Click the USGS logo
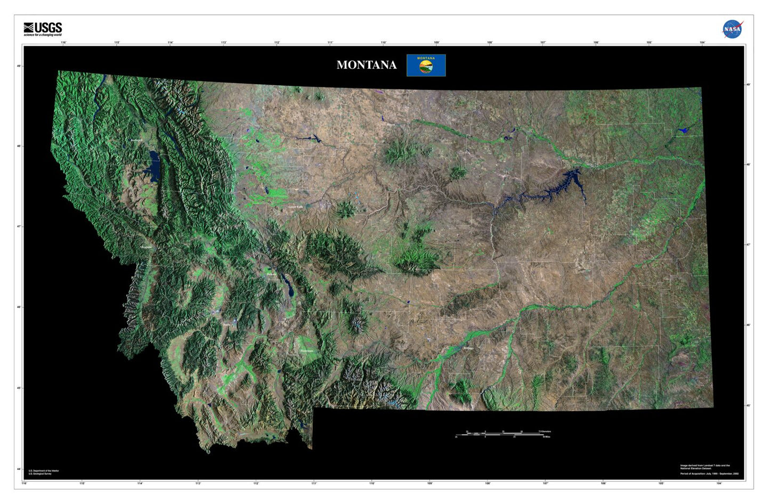coord(43,29)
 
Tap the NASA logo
coord(732,29)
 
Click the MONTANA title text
coord(367,65)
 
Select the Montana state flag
coord(426,65)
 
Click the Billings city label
coord(468,348)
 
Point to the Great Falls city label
coord(295,207)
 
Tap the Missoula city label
coord(146,247)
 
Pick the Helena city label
coord(272,275)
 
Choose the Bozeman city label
coord(306,351)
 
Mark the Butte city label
coord(227,324)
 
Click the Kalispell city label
coord(136,140)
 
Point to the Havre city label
coord(391,125)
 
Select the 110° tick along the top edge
coord(383,43)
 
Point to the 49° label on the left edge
coord(19,66)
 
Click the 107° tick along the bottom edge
coord(545,484)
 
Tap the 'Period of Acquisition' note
coord(709,474)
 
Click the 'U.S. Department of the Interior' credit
coord(44,471)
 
